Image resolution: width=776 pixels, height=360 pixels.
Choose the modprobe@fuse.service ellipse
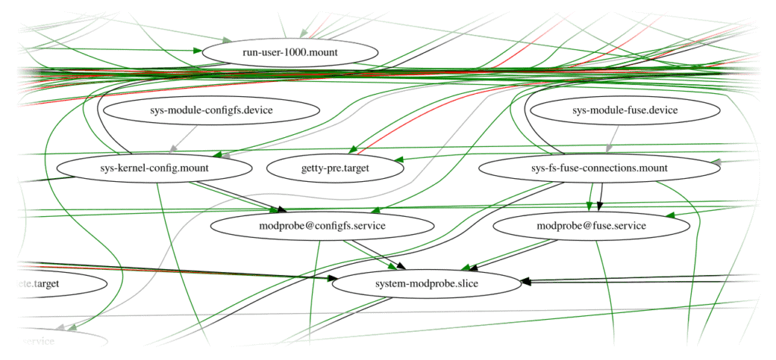[x=591, y=226]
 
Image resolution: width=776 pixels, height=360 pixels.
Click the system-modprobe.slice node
[x=426, y=283]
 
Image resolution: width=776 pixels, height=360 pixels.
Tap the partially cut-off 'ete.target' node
[x=53, y=283]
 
